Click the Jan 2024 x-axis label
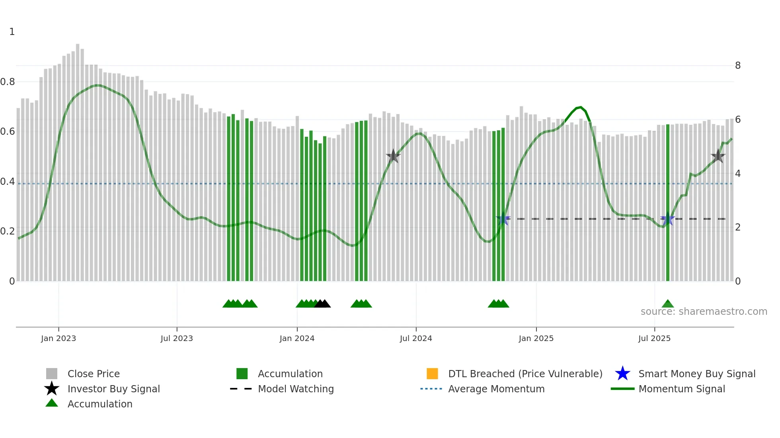[x=297, y=338]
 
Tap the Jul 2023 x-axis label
[x=177, y=338]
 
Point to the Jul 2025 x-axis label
[x=654, y=338]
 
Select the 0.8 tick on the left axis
[x=8, y=82]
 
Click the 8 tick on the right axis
[x=738, y=66]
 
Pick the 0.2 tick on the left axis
[x=8, y=231]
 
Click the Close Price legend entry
[x=94, y=374]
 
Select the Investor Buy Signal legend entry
[x=113, y=389]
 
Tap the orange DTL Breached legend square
[x=432, y=374]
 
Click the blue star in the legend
[x=622, y=374]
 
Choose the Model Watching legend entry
[x=295, y=389]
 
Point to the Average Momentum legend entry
[x=496, y=389]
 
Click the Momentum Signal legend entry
[x=681, y=389]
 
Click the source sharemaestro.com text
[x=704, y=312]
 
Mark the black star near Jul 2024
[x=393, y=156]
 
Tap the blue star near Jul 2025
[x=667, y=219]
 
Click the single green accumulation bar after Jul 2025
[x=668, y=203]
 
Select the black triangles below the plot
[x=322, y=304]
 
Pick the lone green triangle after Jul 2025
[x=668, y=304]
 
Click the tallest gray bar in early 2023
[x=78, y=159]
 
